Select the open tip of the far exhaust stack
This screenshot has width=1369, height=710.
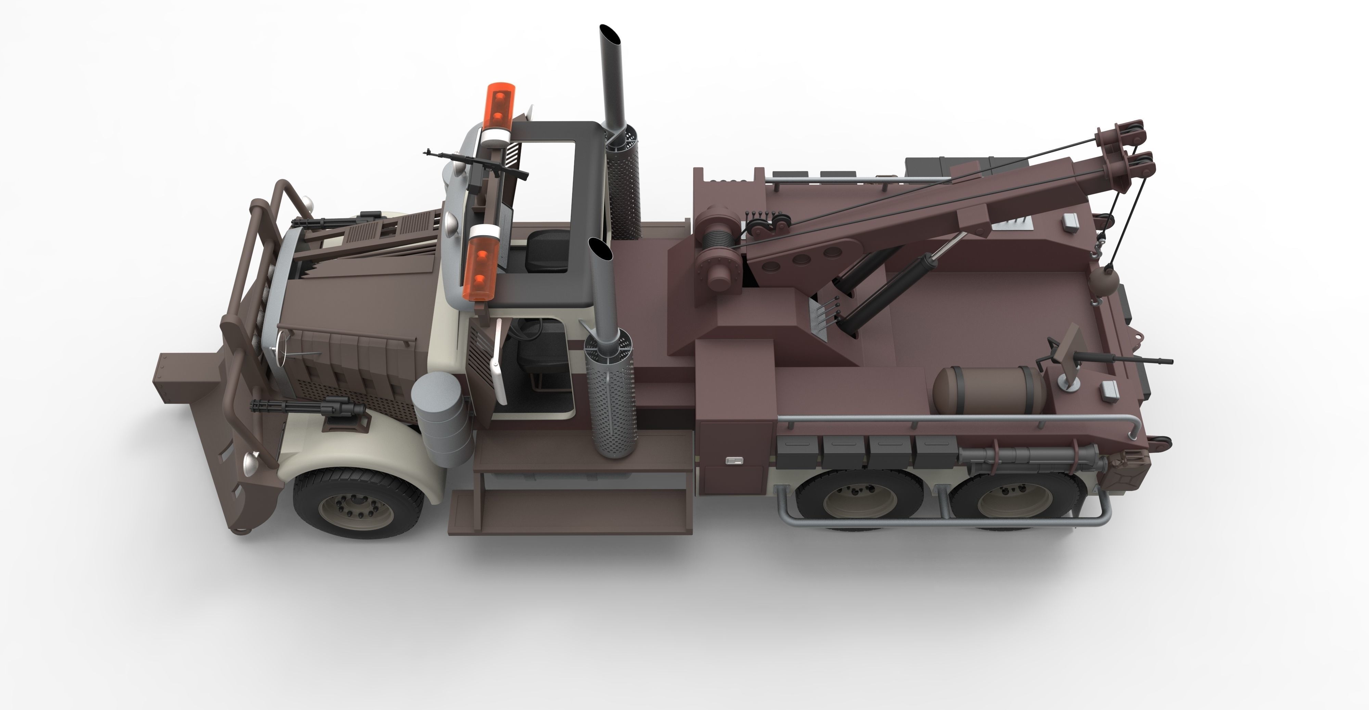tap(611, 36)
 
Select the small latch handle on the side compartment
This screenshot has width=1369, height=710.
tap(735, 461)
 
